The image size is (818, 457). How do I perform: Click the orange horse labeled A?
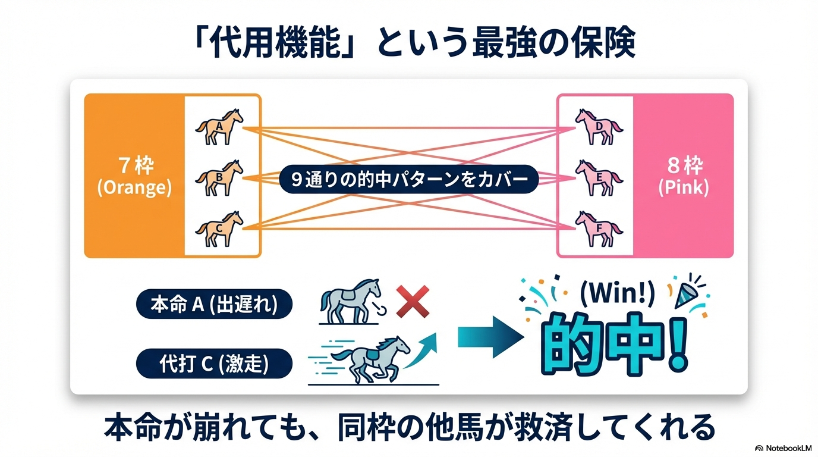click(219, 126)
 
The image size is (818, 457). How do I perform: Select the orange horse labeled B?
click(219, 177)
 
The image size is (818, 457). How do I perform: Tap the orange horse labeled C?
click(219, 228)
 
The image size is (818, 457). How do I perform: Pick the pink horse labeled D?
click(598, 126)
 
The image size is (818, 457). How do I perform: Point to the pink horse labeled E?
click(598, 177)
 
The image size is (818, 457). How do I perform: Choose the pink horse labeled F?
click(598, 228)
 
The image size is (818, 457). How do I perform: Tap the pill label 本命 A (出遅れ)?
click(214, 305)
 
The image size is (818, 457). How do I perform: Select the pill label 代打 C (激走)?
click(214, 364)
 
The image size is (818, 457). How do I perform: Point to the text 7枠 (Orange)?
click(135, 177)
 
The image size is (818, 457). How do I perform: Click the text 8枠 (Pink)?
click(683, 177)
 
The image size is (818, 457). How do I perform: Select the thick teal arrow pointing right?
click(490, 340)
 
